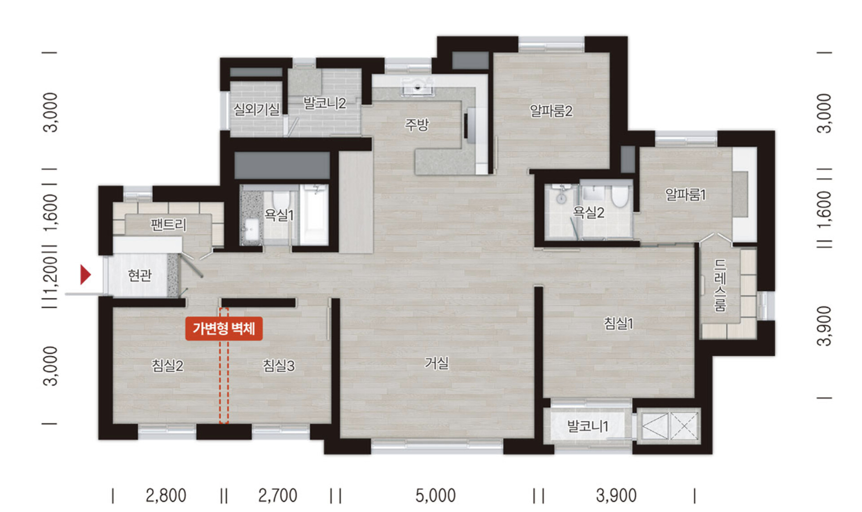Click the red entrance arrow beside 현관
(85, 274)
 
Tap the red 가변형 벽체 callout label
(224, 329)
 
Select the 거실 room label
(437, 363)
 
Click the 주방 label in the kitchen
(417, 124)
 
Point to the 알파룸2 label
(551, 111)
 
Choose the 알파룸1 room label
(685, 195)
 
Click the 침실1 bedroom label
(618, 323)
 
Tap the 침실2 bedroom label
(167, 366)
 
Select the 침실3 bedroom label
(278, 366)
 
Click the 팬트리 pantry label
(168, 224)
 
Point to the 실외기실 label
(256, 109)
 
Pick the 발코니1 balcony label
(588, 426)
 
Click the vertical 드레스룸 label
(720, 285)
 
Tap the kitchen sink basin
(418, 87)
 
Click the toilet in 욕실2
(620, 197)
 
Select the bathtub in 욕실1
(314, 215)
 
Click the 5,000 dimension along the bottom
(435, 495)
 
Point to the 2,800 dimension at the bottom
(166, 495)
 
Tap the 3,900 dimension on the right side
(824, 326)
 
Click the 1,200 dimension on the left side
(50, 274)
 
